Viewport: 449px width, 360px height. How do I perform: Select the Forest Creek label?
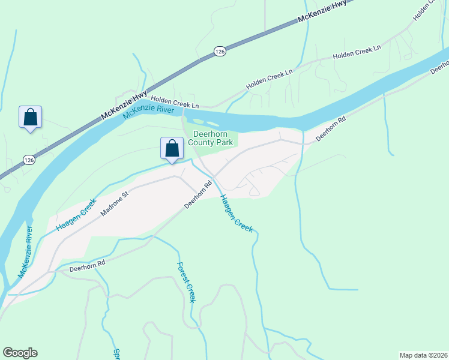coord(186,283)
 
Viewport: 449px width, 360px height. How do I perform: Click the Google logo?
coord(20,353)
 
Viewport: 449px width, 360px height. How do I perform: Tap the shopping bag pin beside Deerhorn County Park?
coord(172,149)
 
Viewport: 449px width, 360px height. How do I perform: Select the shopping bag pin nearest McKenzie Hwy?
coord(31,118)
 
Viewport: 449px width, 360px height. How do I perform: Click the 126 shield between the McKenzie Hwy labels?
coord(220,52)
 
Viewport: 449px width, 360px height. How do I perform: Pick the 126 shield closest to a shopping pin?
coord(28,160)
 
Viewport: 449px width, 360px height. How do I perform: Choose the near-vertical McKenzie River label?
coord(25,252)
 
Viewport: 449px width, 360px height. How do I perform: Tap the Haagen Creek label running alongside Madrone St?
coord(76,215)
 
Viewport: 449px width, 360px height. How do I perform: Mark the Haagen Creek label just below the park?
coord(236,214)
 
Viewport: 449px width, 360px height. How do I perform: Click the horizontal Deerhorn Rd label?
coord(87,263)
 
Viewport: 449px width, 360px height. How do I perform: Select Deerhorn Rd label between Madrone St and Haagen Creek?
coord(199,195)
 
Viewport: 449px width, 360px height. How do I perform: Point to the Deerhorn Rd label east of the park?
coord(331,128)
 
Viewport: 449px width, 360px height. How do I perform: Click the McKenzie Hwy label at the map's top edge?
coord(322,13)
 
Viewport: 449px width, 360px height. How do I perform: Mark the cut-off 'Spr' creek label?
coord(116,353)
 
